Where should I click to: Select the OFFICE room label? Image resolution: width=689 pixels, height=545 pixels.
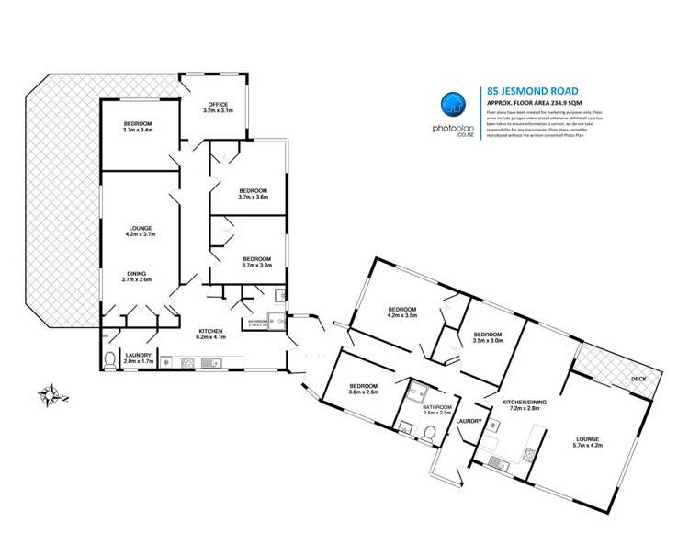[218, 108]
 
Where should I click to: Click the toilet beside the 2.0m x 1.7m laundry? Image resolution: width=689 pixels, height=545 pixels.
[110, 358]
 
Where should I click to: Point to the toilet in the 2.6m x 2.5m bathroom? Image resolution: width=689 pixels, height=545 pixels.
[407, 425]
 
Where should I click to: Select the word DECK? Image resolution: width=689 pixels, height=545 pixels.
[638, 379]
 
